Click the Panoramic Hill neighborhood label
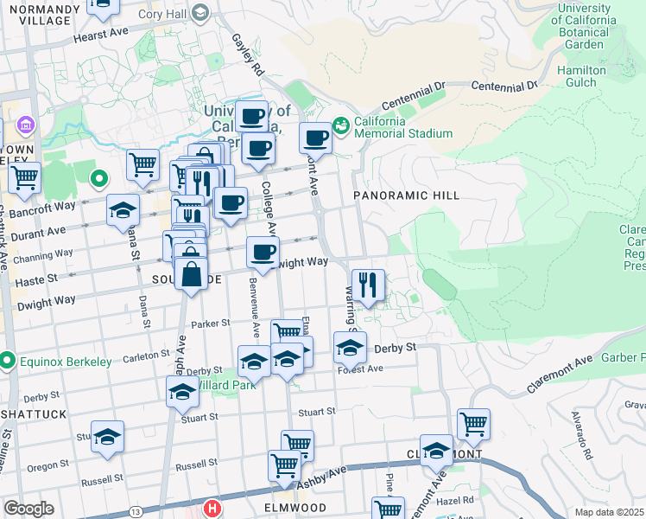click(407, 196)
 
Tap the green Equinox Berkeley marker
click(7, 361)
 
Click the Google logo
click(28, 509)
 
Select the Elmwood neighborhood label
click(295, 507)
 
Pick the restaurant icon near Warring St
click(369, 285)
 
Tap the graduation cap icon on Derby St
click(350, 348)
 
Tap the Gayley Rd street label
click(247, 54)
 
